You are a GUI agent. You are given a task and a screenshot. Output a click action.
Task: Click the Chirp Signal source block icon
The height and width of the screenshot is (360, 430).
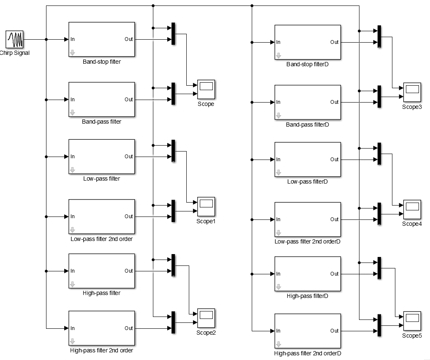tap(14, 39)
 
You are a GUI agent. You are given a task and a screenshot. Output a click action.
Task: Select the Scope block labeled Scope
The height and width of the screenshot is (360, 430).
tap(206, 89)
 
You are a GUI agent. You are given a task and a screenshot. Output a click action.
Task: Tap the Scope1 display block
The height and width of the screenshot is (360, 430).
tap(206, 206)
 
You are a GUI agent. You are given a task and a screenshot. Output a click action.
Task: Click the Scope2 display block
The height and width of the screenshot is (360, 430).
tap(206, 318)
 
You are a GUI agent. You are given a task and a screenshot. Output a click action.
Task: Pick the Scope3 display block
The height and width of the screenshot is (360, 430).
tap(412, 92)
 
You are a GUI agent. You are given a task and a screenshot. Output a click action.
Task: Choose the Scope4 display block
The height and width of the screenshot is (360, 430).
tap(412, 209)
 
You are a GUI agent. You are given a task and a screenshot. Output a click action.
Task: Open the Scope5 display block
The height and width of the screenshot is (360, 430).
tap(412, 321)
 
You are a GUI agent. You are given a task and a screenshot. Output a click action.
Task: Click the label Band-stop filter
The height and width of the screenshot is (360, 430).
tap(102, 62)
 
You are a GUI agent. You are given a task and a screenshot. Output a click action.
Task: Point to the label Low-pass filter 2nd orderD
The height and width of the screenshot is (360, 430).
tap(308, 242)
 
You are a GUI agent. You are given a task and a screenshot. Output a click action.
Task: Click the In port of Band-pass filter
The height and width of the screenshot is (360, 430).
tap(72, 100)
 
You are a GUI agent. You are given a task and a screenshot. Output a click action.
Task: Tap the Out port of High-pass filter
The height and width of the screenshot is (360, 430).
tap(128, 271)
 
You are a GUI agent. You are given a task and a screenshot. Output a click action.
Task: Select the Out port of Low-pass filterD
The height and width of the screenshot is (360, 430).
tap(334, 160)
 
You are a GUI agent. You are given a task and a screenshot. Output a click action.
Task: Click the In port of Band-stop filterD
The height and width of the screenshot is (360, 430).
tap(278, 42)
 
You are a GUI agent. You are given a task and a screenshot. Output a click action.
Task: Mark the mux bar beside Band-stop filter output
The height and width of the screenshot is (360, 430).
tap(173, 34)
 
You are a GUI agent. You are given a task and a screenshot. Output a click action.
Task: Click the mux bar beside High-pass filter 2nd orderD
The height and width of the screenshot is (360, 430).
tap(379, 325)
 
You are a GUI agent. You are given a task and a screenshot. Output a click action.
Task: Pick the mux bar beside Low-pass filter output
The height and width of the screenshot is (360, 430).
tap(173, 151)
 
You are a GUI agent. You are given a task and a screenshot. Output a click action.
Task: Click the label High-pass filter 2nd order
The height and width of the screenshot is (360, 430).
tap(101, 350)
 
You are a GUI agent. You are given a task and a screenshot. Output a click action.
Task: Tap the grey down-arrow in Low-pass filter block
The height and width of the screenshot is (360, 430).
tap(72, 170)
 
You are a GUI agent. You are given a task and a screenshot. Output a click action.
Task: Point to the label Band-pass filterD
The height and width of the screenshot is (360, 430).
tap(308, 125)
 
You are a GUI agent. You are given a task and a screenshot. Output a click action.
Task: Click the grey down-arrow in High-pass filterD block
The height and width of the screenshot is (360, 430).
tap(278, 287)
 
